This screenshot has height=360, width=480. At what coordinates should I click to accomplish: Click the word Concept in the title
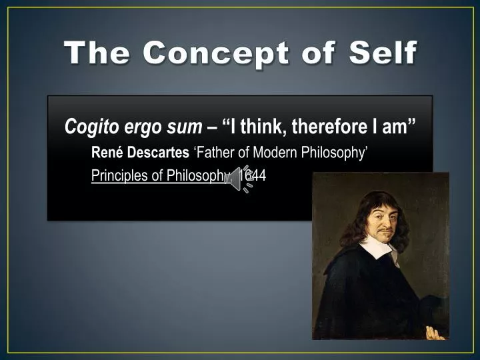215,53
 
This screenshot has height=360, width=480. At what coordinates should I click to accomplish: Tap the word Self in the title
383,52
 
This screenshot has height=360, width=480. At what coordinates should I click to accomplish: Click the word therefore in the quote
330,126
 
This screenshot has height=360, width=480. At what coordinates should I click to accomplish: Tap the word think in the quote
263,126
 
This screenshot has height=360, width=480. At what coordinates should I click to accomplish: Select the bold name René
107,152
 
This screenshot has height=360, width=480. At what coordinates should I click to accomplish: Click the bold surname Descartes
158,152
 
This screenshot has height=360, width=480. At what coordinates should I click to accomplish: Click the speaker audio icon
239,179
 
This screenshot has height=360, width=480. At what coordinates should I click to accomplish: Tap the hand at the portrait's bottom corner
435,333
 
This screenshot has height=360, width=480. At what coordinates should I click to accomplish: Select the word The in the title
97,53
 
